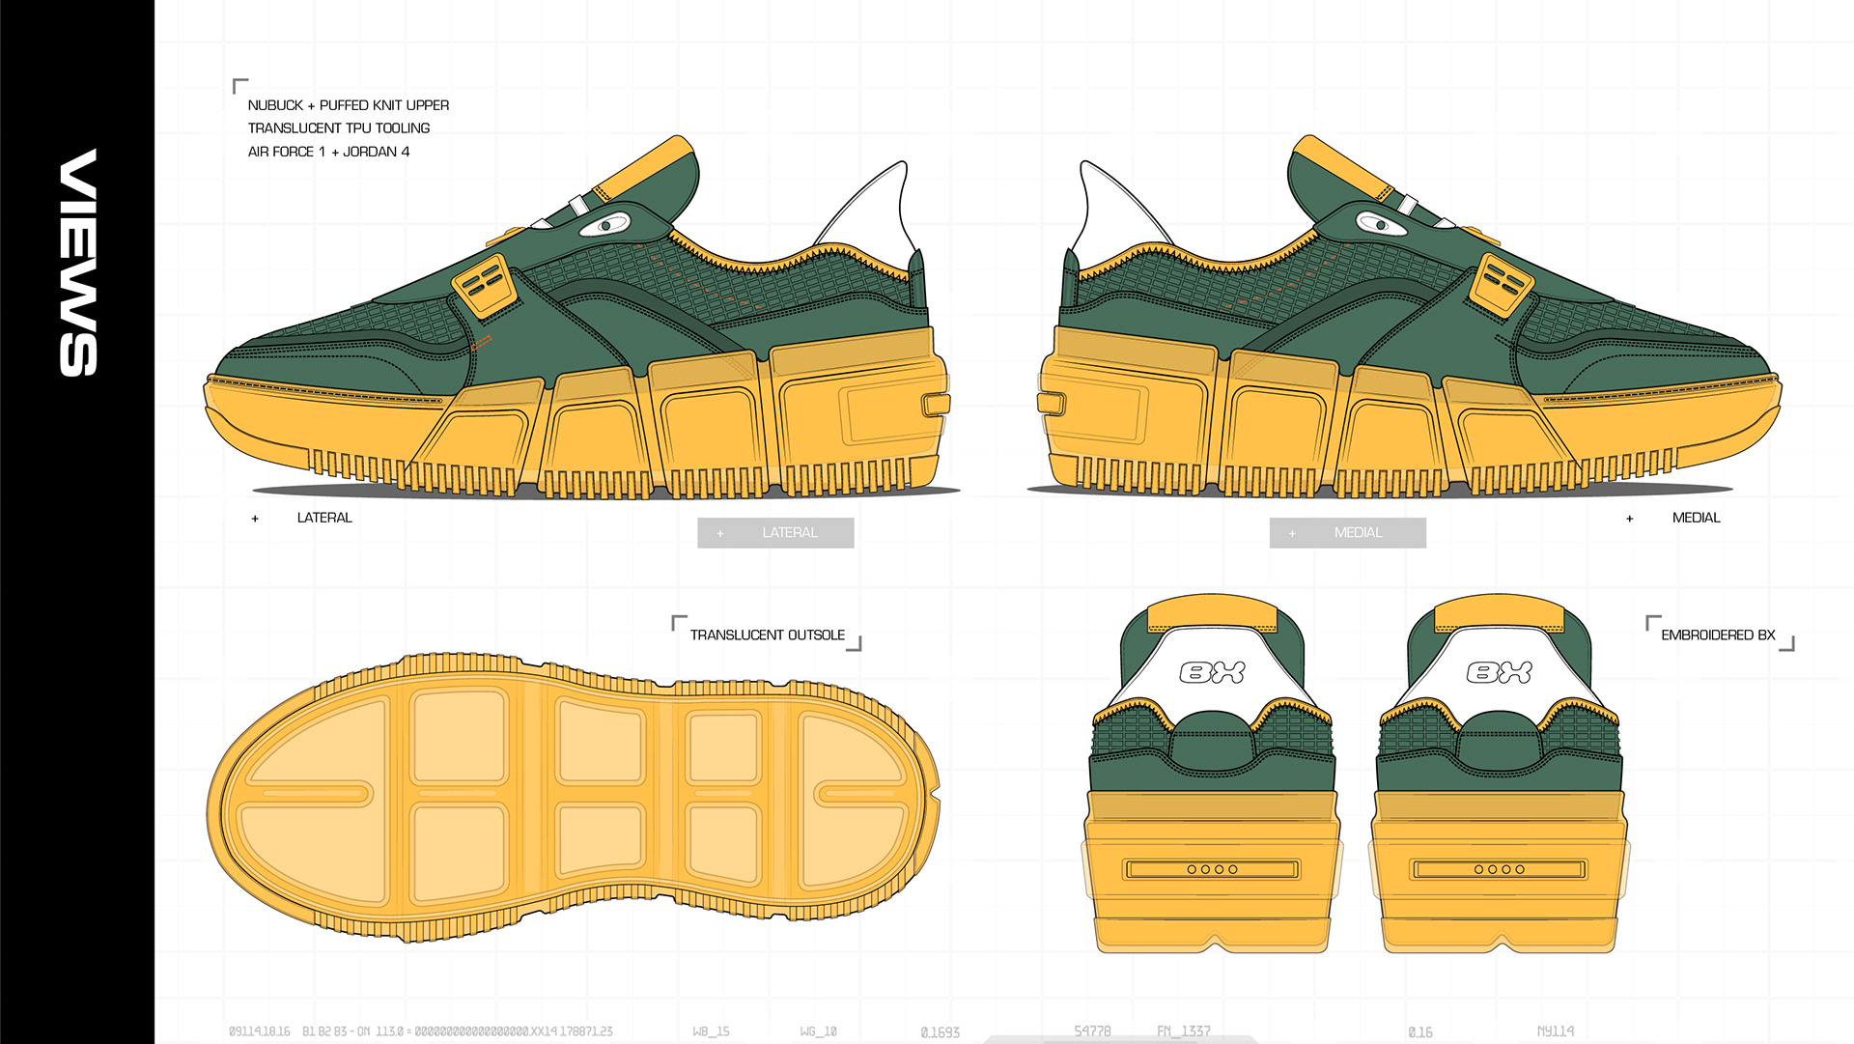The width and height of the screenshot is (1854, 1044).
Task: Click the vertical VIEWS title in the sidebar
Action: click(x=78, y=262)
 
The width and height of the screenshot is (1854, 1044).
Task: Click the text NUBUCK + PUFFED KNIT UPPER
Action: click(x=348, y=105)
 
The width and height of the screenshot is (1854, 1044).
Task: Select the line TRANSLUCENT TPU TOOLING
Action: click(x=338, y=128)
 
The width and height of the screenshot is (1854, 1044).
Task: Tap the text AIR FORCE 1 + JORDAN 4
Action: click(x=328, y=152)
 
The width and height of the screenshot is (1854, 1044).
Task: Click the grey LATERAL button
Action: click(x=775, y=533)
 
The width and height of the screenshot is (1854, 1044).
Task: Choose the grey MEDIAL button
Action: click(x=1347, y=533)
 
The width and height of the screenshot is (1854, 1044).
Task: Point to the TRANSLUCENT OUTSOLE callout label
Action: click(x=767, y=635)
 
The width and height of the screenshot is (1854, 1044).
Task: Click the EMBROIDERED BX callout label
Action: click(x=1718, y=635)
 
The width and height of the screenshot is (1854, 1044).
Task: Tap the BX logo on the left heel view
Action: click(x=1212, y=672)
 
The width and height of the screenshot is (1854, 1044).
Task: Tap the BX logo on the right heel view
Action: click(x=1499, y=672)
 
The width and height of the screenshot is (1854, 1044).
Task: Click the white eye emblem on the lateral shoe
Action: click(x=605, y=226)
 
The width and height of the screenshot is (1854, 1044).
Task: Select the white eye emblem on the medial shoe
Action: click(x=1381, y=225)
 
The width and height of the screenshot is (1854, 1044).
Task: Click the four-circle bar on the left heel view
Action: click(x=1212, y=869)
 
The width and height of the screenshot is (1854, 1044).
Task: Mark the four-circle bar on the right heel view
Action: click(x=1499, y=869)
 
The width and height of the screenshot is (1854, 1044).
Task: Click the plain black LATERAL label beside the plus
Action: click(x=324, y=518)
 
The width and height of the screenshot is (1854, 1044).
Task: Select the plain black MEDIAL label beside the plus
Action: click(x=1696, y=518)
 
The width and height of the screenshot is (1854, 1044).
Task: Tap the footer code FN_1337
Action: click(x=1183, y=1030)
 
